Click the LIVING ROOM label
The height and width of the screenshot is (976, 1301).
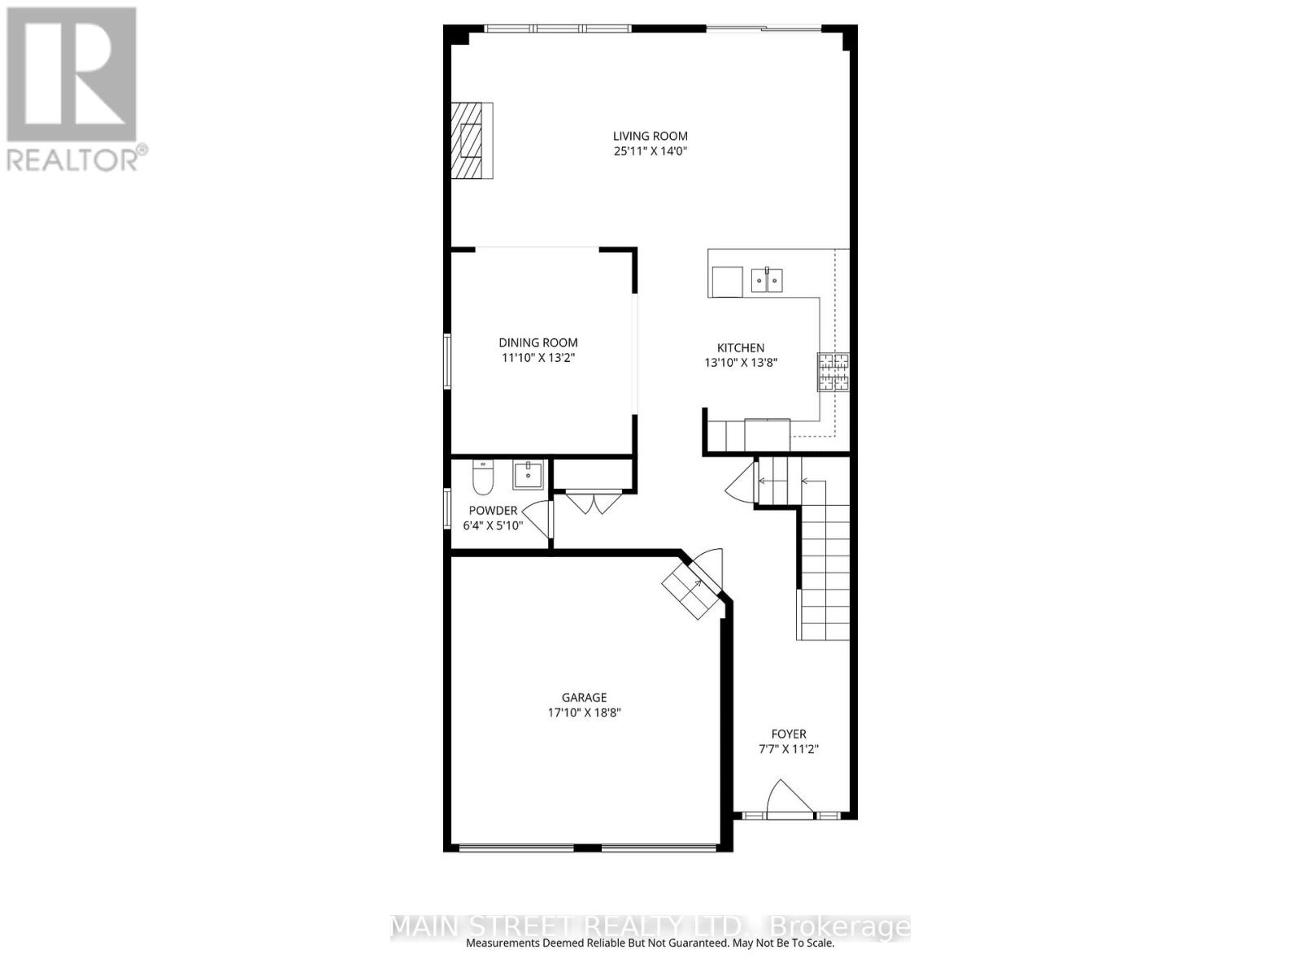[650, 137]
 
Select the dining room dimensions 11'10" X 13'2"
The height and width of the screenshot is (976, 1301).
[538, 358]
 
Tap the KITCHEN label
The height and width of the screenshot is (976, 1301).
[740, 348]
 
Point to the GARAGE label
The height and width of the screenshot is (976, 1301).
[585, 698]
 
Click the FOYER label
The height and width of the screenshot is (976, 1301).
[788, 734]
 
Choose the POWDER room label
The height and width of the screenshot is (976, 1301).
[493, 510]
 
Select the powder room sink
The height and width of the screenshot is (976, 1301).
[528, 476]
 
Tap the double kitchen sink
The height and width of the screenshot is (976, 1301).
[767, 280]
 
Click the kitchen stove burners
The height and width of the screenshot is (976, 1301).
[833, 372]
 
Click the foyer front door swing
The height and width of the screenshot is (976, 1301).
[790, 799]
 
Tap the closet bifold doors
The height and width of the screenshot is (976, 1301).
[593, 502]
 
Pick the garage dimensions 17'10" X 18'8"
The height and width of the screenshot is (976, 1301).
[585, 713]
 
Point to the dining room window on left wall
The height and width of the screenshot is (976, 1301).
[447, 361]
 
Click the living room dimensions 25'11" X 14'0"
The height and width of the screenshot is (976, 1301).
[650, 152]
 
